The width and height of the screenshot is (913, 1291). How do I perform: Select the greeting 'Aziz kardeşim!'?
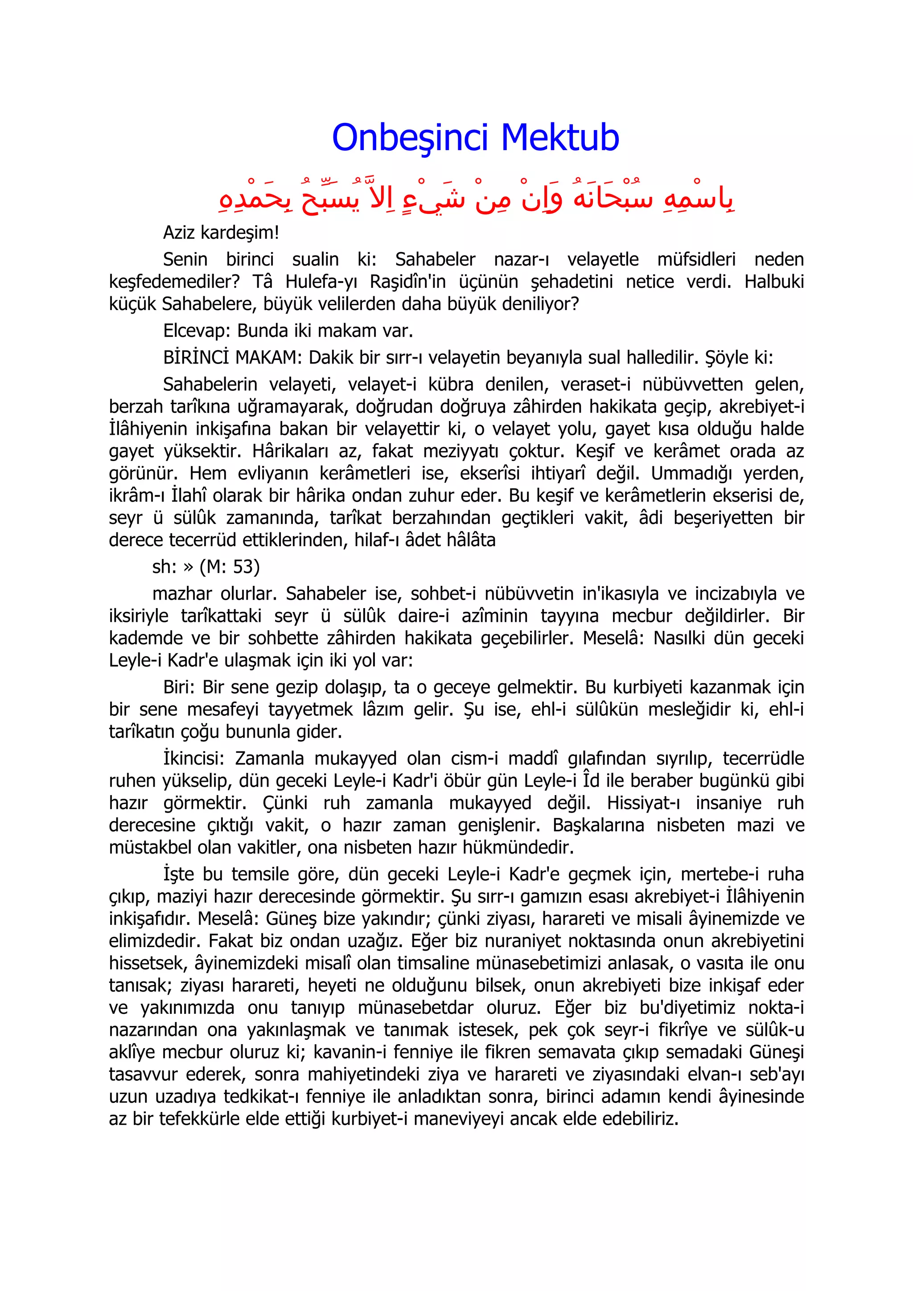pyautogui.click(x=221, y=232)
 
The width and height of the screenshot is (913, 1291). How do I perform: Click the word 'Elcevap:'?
pyautogui.click(x=197, y=331)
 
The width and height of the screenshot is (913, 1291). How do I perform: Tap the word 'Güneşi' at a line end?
pyautogui.click(x=776, y=1052)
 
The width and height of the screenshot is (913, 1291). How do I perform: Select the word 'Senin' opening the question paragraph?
pyautogui.click(x=185, y=259)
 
